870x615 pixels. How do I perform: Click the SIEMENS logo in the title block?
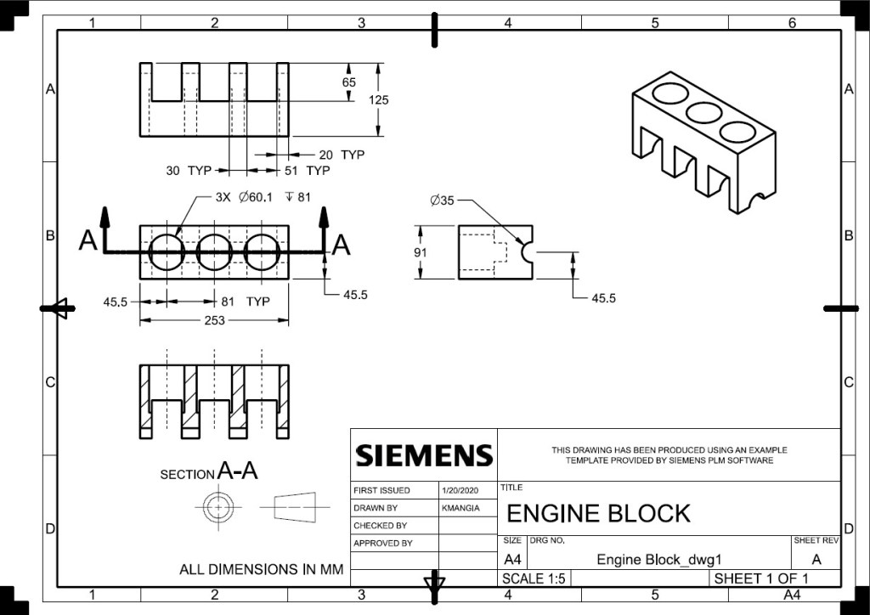(x=424, y=455)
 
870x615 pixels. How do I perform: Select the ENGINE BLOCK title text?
(x=598, y=513)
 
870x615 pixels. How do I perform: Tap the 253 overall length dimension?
(x=214, y=320)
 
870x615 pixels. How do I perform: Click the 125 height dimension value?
(x=378, y=99)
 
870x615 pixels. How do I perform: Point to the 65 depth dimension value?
(x=349, y=82)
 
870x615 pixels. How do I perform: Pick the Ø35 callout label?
(x=443, y=200)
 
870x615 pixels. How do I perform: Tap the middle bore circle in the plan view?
(x=214, y=252)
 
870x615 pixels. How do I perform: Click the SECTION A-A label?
(x=208, y=471)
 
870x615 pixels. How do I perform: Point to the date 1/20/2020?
(x=460, y=490)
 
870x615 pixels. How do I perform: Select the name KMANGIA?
(x=460, y=508)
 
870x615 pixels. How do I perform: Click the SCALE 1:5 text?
(x=534, y=578)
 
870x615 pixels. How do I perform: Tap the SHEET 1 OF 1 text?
(x=761, y=578)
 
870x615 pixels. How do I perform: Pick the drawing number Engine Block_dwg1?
(x=658, y=560)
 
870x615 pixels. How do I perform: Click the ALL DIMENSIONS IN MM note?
(x=261, y=569)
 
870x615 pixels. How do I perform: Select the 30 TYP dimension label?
(x=188, y=171)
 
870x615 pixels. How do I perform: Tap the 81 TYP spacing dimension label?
(x=246, y=302)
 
